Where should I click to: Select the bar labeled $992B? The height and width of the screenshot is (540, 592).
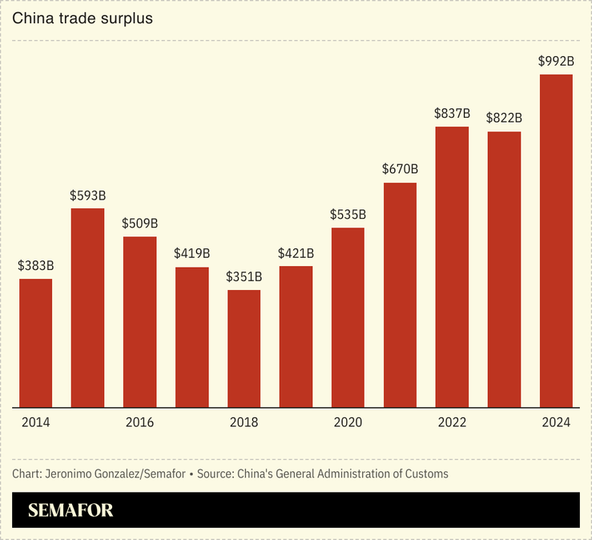[556, 240]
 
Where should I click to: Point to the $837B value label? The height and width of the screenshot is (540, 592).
[452, 114]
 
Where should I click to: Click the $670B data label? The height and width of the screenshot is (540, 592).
[400, 169]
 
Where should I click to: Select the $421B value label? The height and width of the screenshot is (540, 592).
[296, 253]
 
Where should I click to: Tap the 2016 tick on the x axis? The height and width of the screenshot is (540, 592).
[139, 422]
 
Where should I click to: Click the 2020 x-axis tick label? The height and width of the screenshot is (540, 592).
[348, 422]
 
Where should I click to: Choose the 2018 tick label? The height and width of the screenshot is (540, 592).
[244, 422]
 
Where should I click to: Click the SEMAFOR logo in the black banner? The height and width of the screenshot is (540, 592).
[70, 510]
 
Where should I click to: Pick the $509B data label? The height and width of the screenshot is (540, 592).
[139, 224]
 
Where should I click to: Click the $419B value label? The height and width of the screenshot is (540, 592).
[191, 254]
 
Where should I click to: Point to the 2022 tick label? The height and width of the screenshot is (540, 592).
[452, 422]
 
